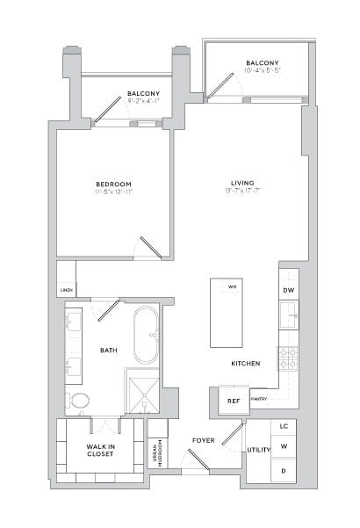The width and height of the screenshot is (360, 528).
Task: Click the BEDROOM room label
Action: [x=114, y=184]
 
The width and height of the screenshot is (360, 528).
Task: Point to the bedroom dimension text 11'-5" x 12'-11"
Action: [x=114, y=192]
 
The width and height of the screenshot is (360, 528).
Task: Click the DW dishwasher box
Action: [x=288, y=290]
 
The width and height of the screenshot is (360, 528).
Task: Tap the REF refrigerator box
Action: [x=234, y=401]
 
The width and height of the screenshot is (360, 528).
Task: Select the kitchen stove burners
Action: [x=288, y=357]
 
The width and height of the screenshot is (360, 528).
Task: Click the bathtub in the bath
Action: [x=147, y=335]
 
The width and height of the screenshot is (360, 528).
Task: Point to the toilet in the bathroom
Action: [x=79, y=401]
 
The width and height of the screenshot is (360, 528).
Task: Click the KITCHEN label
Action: [x=245, y=362]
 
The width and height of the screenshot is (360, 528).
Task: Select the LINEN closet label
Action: [x=66, y=290]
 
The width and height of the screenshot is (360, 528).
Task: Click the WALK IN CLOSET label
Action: [x=100, y=451]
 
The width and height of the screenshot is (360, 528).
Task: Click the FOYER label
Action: [x=204, y=439]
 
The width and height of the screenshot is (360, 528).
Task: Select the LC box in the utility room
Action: [x=284, y=426]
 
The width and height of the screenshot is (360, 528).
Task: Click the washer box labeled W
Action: [x=284, y=448]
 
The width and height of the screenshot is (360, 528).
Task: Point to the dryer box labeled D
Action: [x=284, y=471]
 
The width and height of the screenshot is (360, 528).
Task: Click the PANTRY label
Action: [x=259, y=399]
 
